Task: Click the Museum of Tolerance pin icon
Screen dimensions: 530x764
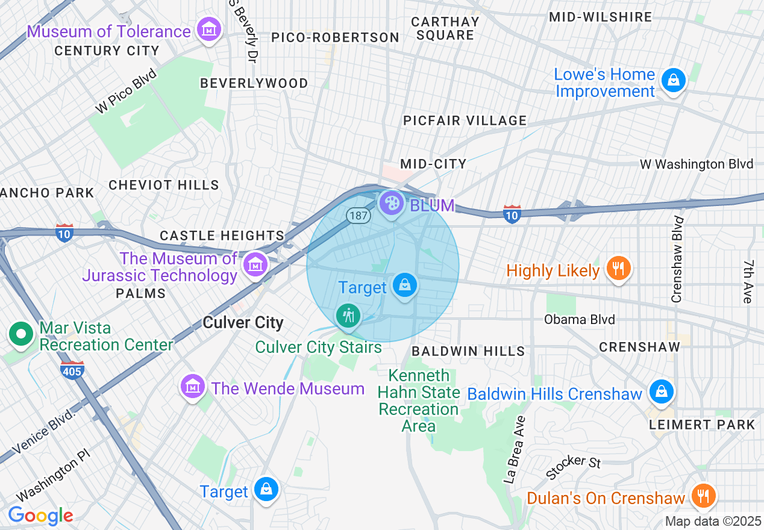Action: [209, 30]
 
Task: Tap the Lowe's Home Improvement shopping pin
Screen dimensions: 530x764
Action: [673, 80]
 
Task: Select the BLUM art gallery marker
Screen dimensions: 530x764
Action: [392, 204]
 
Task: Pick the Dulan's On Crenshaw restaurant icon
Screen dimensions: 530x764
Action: [703, 496]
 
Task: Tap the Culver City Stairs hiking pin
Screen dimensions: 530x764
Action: [348, 315]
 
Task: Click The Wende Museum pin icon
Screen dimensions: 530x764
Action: [193, 386]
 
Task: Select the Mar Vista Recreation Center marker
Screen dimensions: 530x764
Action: [21, 334]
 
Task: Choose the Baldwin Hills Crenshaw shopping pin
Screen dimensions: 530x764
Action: [661, 391]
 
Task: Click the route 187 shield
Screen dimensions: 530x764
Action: [357, 215]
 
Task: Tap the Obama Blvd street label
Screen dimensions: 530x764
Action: [579, 319]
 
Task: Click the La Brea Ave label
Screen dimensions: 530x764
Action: [514, 449]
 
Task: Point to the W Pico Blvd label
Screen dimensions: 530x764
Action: [125, 92]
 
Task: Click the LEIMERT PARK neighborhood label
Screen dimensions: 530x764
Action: [702, 425]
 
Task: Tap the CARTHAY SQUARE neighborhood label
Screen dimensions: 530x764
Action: [445, 28]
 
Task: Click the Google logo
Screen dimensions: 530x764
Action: [40, 516]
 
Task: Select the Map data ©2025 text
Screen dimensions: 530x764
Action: [712, 521]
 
